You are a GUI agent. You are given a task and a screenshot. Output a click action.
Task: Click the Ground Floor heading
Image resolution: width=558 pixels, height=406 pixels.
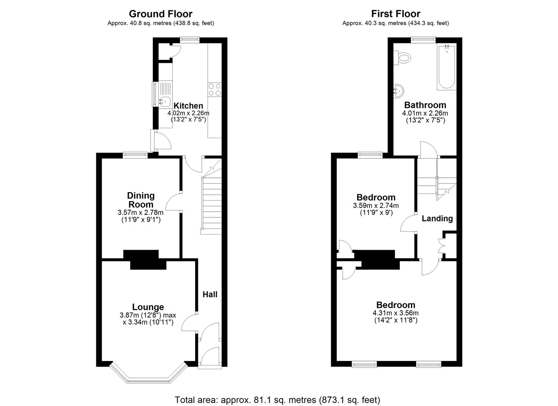(x=161, y=14)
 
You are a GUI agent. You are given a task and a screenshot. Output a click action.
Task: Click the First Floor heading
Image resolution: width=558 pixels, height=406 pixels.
(x=396, y=14)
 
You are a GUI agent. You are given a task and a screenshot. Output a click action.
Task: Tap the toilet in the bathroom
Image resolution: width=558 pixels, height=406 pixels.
(x=402, y=58)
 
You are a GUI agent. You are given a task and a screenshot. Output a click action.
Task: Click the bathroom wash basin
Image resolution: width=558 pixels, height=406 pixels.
(x=398, y=91)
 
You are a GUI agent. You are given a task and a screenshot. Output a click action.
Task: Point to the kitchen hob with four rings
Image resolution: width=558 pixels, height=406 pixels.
(x=215, y=90)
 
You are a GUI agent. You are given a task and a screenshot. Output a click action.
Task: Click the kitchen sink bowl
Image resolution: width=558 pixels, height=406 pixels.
(x=165, y=101)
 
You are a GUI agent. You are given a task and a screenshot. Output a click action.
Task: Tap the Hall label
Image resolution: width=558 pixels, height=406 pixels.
(x=210, y=295)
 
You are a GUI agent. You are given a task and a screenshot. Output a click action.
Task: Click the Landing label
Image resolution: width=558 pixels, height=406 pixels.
(x=437, y=219)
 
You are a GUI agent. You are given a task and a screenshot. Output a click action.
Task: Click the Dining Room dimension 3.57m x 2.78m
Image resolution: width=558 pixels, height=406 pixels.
(x=141, y=213)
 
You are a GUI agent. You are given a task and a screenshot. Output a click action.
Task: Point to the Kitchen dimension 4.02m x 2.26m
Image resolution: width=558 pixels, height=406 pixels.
(x=188, y=113)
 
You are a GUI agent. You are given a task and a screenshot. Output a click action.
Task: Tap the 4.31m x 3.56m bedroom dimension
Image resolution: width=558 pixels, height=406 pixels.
(x=396, y=313)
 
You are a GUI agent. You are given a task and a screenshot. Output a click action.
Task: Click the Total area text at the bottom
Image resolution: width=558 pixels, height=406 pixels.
(x=277, y=393)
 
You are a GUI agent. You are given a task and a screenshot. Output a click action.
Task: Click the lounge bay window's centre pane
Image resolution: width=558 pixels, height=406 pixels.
(x=148, y=381)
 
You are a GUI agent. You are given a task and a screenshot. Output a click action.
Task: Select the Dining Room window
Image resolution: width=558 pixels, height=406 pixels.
(x=135, y=155)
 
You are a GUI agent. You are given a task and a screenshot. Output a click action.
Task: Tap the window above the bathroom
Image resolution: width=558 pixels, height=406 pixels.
(x=423, y=40)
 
